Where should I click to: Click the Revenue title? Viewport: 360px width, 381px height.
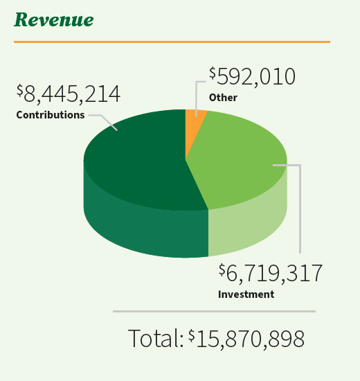pyautogui.click(x=53, y=19)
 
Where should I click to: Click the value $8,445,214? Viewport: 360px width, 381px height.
pyautogui.click(x=69, y=94)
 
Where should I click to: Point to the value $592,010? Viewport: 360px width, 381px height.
pyautogui.click(x=252, y=77)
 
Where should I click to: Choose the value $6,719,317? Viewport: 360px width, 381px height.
pyautogui.click(x=270, y=274)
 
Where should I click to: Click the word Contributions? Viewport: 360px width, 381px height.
pyautogui.click(x=50, y=114)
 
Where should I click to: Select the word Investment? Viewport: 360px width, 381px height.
pyautogui.click(x=246, y=294)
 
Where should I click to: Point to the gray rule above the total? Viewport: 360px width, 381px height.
pyautogui.click(x=214, y=312)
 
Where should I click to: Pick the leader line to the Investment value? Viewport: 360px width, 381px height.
pyautogui.click(x=300, y=208)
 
